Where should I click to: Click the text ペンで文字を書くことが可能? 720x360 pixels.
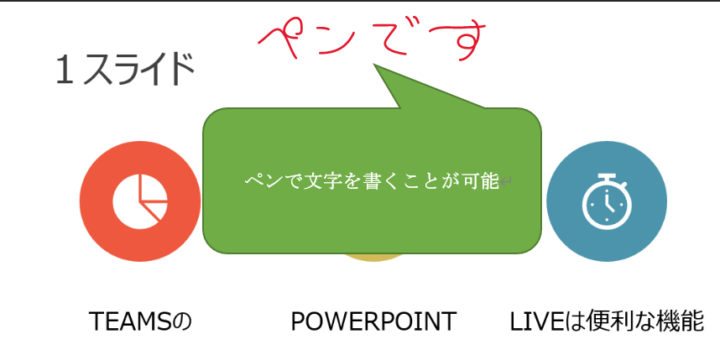coord(372,180)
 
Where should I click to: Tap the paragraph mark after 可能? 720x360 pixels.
coord(507,180)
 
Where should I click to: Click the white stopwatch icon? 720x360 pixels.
coord(606,201)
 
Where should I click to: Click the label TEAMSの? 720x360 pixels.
coord(140,321)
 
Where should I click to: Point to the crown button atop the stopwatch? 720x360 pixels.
coord(606,175)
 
